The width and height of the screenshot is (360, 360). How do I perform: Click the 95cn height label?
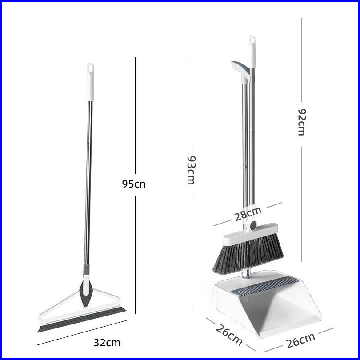134,184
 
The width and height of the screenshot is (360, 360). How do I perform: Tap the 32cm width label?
107,343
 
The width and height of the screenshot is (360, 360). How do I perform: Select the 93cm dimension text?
191,170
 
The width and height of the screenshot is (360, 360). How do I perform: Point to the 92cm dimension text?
302,122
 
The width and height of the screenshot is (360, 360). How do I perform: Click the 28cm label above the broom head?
248,214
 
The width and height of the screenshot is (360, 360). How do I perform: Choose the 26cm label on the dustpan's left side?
229,335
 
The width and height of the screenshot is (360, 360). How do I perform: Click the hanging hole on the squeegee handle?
91,68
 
